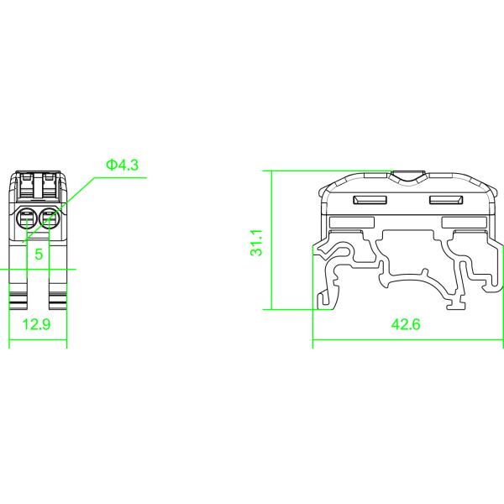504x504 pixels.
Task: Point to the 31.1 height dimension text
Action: click(x=259, y=242)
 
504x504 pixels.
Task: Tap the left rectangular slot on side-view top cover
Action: click(x=370, y=200)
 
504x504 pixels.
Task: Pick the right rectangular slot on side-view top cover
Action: click(x=447, y=200)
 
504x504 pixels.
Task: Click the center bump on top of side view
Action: click(x=408, y=178)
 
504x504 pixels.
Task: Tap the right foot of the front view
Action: click(x=55, y=301)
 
